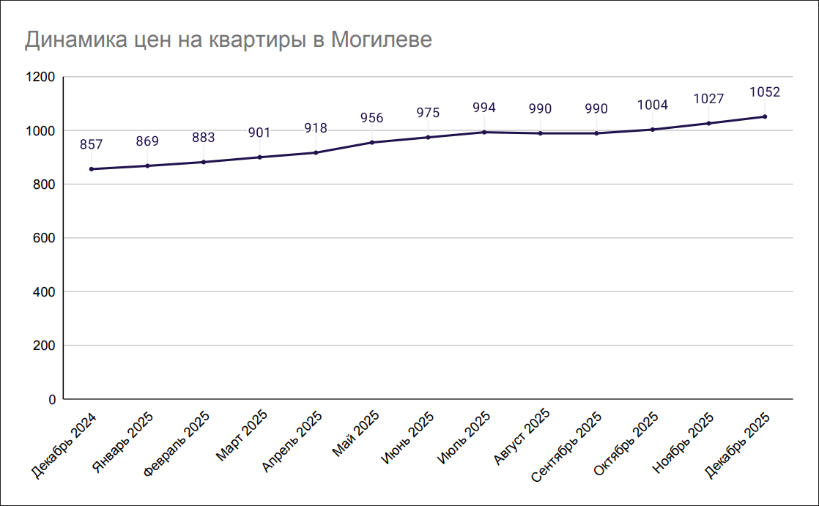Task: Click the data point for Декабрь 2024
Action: pos(91,169)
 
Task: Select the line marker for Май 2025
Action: pos(372,142)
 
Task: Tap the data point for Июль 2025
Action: pos(484,132)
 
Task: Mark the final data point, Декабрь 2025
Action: pos(765,116)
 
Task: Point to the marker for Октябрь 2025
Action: pos(653,130)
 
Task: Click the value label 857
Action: pos(91,145)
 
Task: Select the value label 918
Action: pos(316,128)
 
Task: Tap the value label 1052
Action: pos(765,92)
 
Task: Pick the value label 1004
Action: pos(653,105)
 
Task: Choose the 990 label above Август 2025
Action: pos(540,109)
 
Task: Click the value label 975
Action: pos(428,113)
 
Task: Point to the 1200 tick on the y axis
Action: pos(40,77)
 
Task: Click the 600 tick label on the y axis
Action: pos(45,238)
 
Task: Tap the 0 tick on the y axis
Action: pos(52,400)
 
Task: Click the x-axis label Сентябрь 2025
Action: pos(566,444)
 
